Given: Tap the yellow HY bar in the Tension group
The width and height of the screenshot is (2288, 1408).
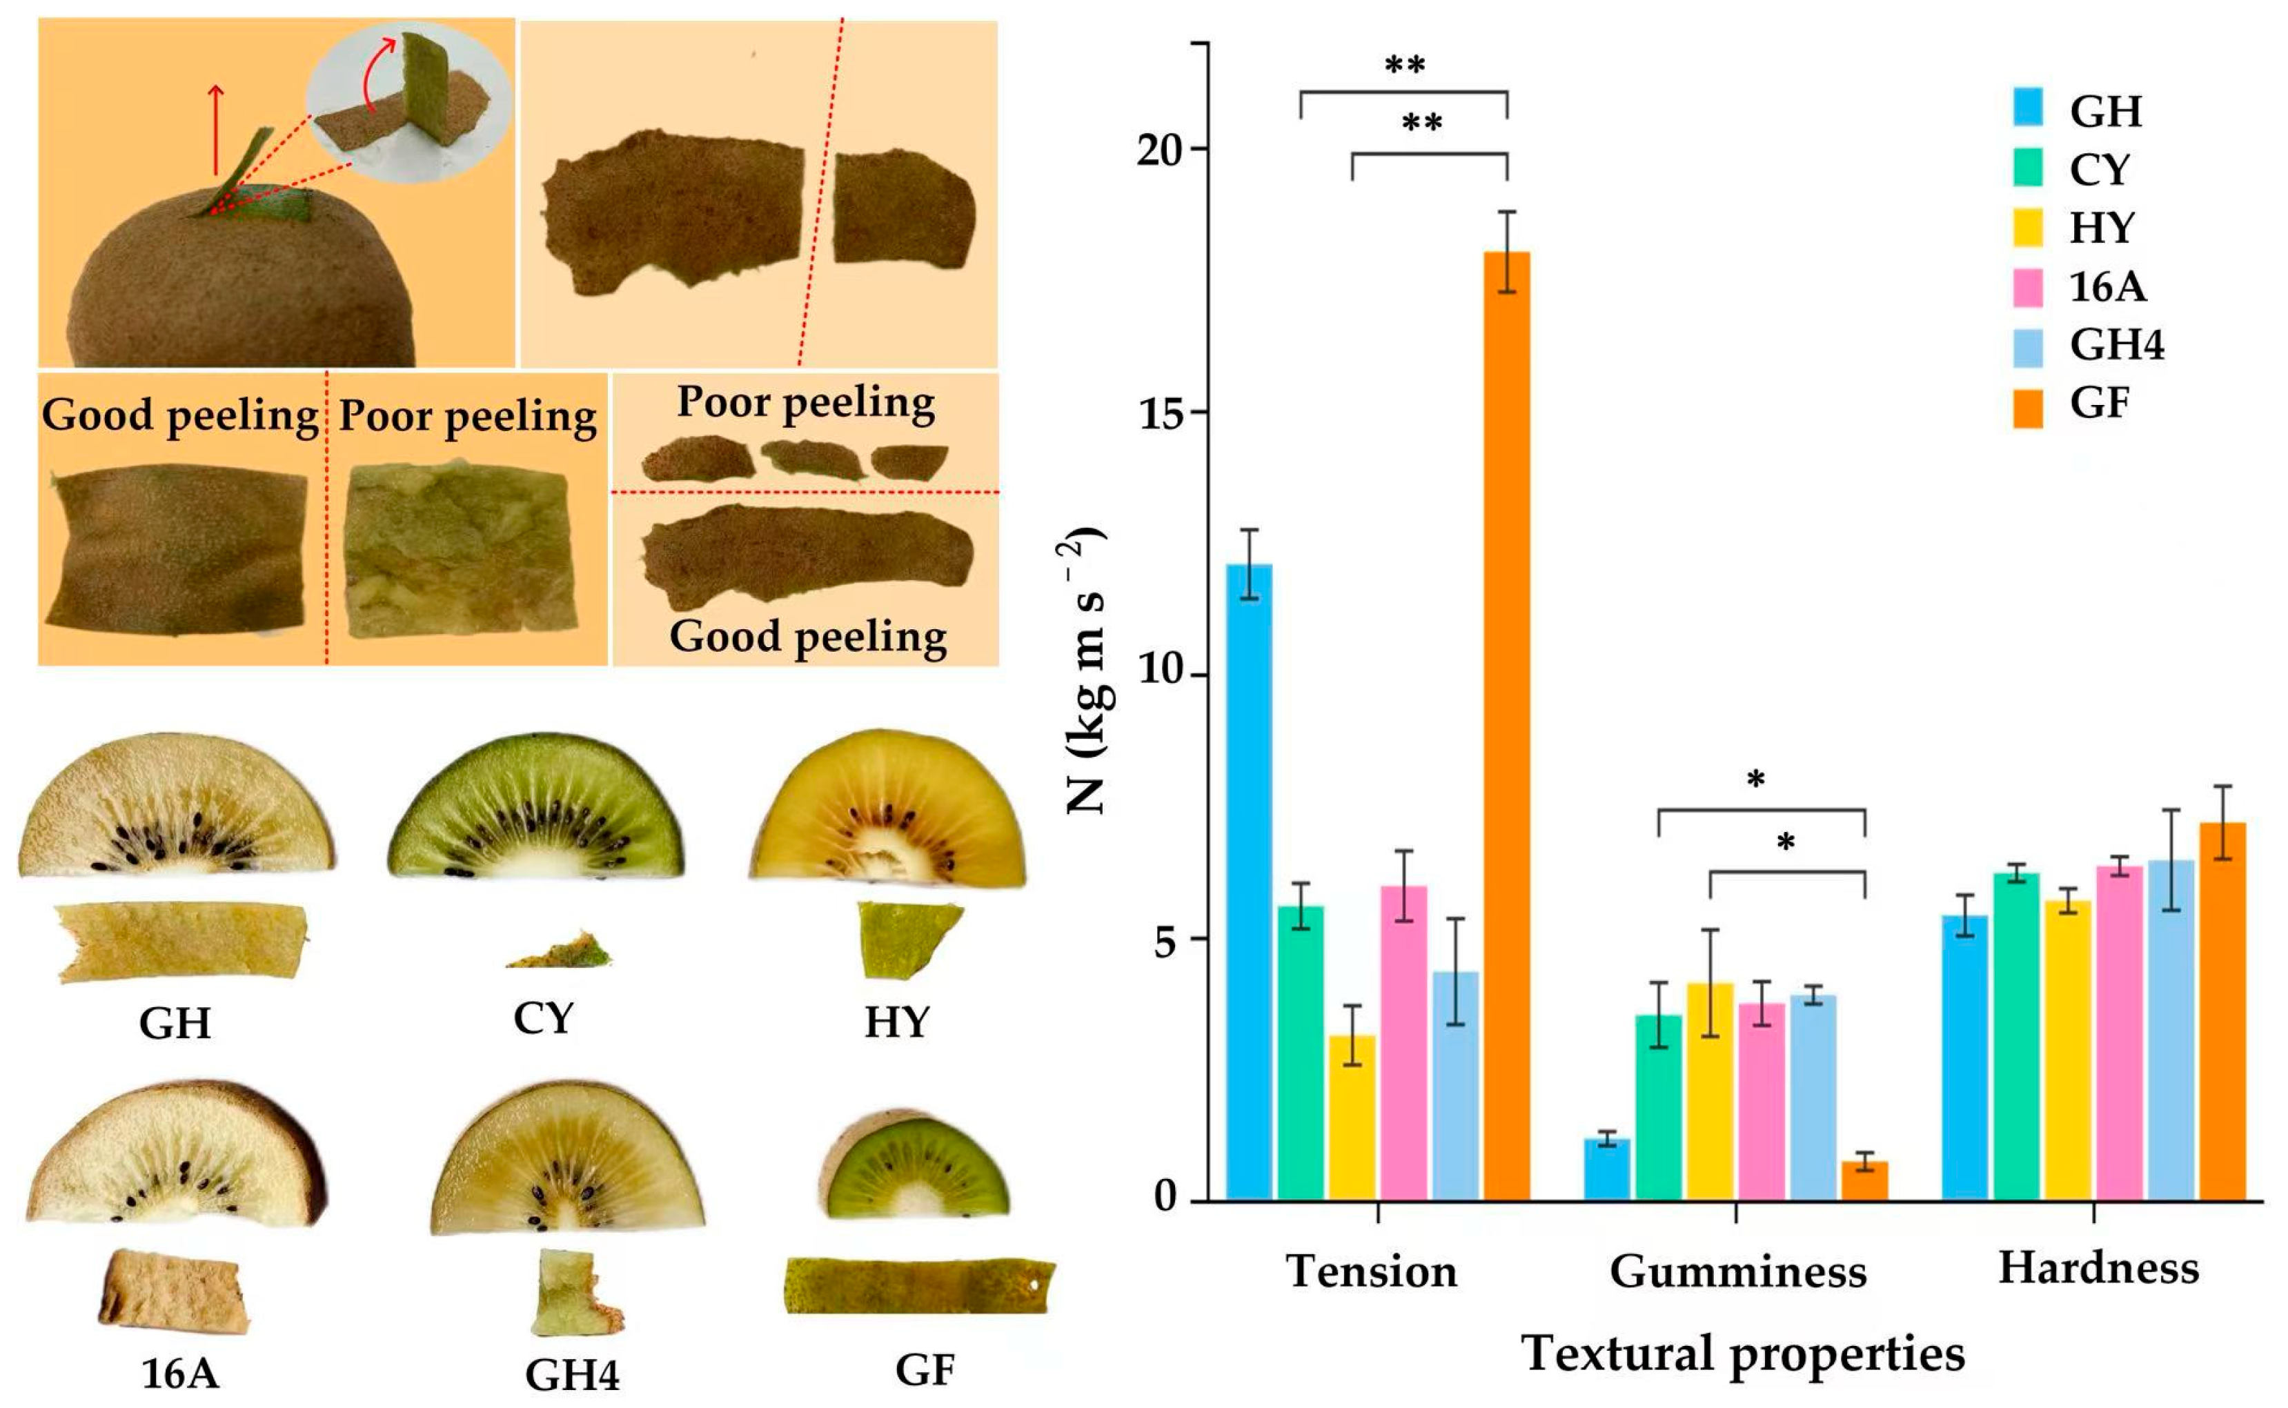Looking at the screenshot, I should coord(1351,1118).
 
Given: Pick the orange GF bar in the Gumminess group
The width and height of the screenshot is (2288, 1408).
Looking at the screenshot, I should coord(1864,1181).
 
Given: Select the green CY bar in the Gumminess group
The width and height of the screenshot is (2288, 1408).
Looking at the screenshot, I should coord(1659,1107).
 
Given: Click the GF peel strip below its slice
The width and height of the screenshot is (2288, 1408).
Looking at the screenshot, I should coord(919,1285).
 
